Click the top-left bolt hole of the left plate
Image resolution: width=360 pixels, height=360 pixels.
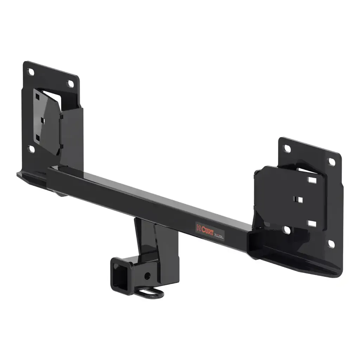31,72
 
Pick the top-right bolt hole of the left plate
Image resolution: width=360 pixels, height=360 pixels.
70,84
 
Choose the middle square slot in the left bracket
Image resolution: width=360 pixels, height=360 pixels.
42,120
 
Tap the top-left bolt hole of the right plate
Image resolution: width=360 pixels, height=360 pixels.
287,149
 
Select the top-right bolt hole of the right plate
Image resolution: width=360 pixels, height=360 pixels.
332,162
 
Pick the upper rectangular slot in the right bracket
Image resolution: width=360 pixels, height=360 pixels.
312,180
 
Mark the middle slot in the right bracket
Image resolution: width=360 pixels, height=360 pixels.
299,200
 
